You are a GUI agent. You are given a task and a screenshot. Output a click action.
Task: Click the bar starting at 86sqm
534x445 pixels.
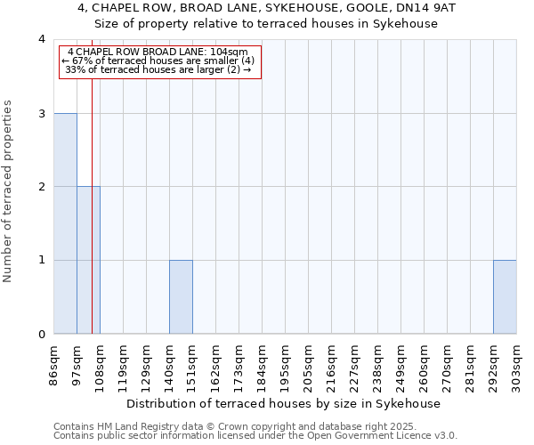(x=65, y=223)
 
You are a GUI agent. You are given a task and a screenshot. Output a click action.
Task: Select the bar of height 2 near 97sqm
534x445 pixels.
(x=88, y=260)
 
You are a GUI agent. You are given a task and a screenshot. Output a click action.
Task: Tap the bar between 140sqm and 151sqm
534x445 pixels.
(x=181, y=297)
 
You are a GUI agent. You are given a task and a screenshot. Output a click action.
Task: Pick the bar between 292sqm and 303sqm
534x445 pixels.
(x=505, y=297)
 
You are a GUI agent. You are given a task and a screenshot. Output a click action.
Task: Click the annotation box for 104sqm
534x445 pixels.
(x=161, y=61)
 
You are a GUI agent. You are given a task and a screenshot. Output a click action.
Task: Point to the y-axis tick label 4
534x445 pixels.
(x=42, y=39)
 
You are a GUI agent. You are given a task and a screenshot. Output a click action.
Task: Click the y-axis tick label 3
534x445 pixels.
(x=42, y=113)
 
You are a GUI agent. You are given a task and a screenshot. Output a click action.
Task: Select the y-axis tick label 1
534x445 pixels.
(x=42, y=261)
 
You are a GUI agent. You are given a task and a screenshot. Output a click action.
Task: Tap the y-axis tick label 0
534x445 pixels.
(x=42, y=335)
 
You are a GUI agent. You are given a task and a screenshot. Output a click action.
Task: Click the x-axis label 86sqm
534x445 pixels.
(x=54, y=365)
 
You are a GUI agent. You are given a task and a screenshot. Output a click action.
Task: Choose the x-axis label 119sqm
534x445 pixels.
(x=124, y=365)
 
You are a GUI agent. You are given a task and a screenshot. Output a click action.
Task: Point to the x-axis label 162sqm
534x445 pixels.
(x=216, y=365)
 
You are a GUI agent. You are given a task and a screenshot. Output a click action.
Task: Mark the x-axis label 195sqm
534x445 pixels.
(x=286, y=365)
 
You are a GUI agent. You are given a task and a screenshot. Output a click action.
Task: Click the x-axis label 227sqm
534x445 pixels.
(x=355, y=365)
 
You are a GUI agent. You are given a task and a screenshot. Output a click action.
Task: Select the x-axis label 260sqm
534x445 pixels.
(x=425, y=365)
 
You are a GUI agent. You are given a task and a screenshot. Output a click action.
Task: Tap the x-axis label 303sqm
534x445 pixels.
(x=517, y=365)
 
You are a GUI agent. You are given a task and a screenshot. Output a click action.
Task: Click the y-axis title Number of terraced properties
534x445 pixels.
(x=10, y=190)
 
